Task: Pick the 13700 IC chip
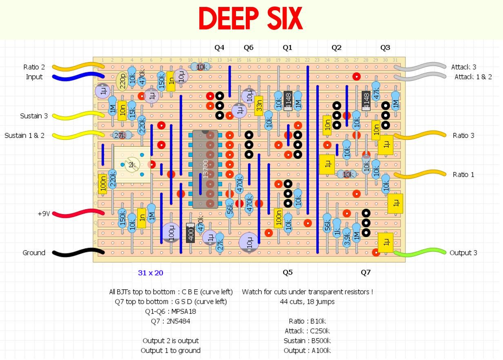tap(205, 169)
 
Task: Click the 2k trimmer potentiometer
tap(132, 165)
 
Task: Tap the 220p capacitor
tap(122, 81)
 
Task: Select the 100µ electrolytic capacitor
tap(171, 232)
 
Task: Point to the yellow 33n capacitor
tap(258, 106)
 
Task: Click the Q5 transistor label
tap(287, 273)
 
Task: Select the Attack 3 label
tap(463, 67)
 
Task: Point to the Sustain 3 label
tap(34, 116)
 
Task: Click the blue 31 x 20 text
tap(151, 273)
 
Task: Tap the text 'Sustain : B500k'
tap(307, 341)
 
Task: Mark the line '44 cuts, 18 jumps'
tap(307, 302)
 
